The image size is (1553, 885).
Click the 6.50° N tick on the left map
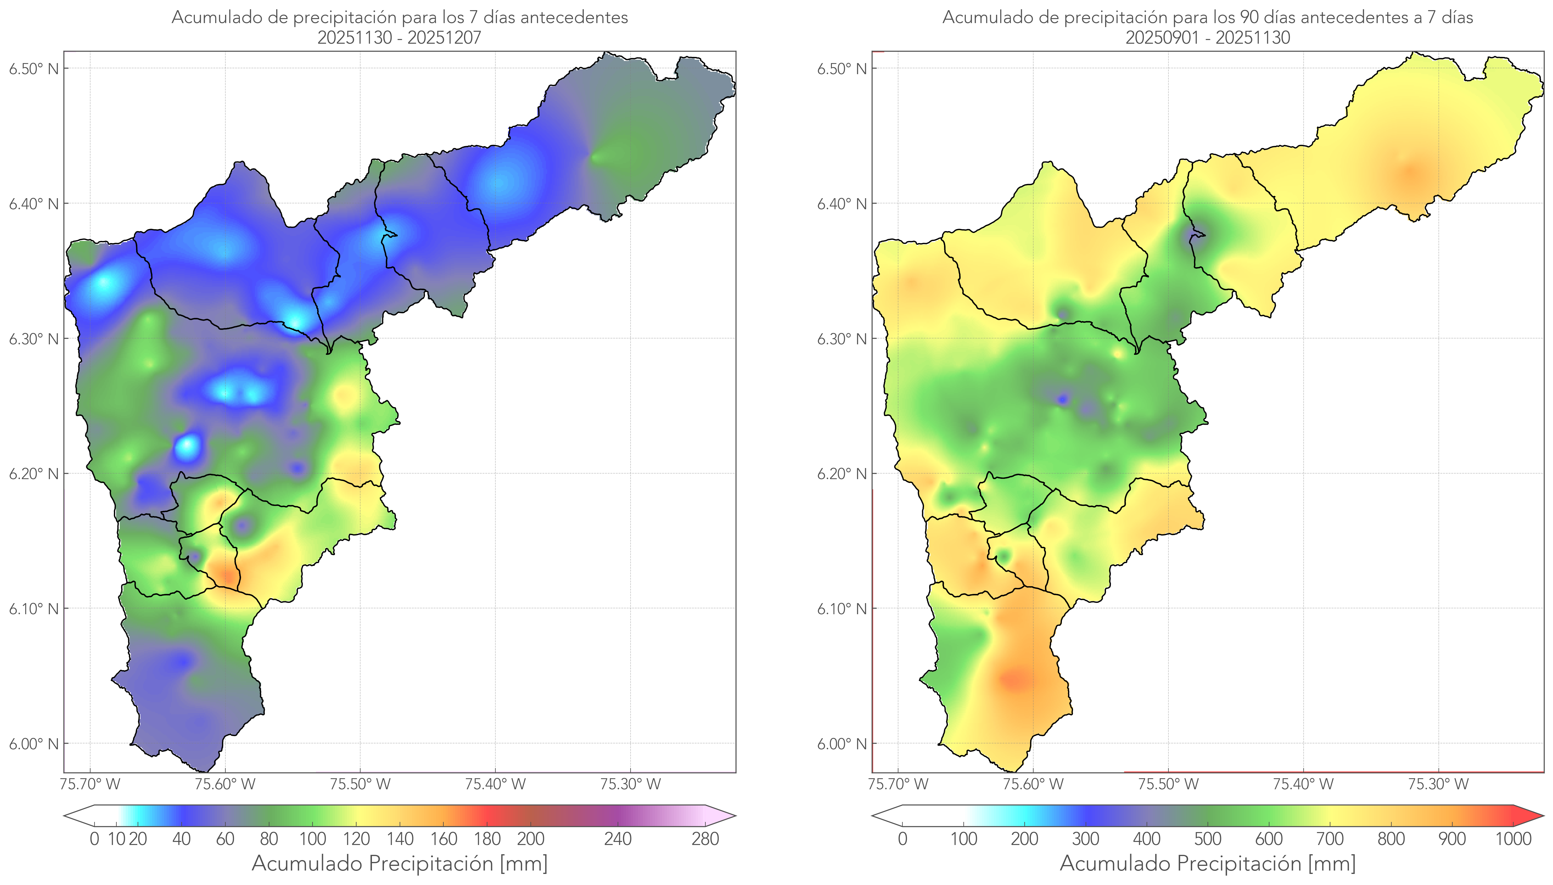pyautogui.click(x=34, y=68)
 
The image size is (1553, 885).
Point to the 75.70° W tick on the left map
pyautogui.click(x=90, y=784)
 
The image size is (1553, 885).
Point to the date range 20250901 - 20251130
pyautogui.click(x=1208, y=38)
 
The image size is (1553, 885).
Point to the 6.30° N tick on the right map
pyautogui.click(x=841, y=338)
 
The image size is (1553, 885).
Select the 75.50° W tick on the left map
pyautogui.click(x=360, y=784)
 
